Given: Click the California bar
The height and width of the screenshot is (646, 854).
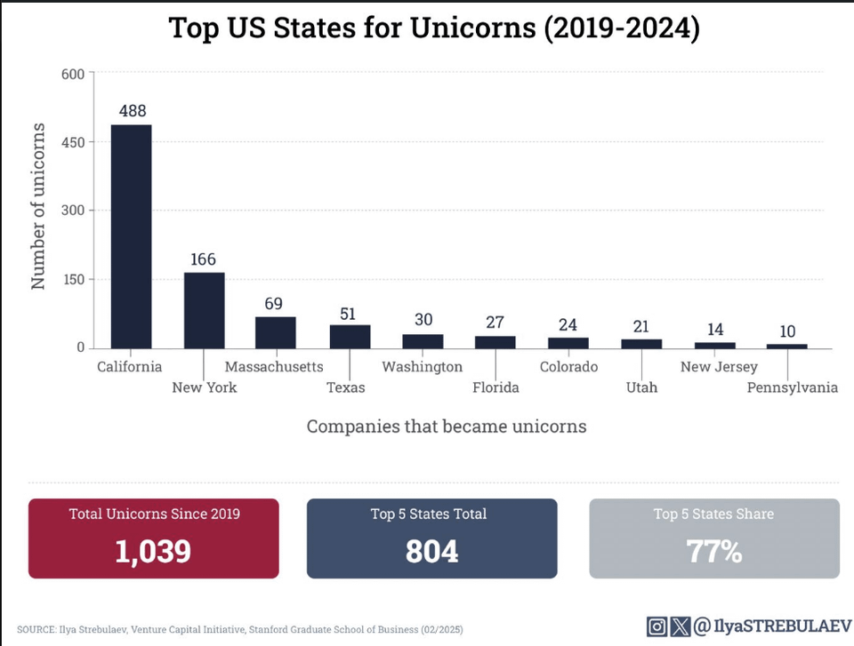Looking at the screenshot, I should coord(131,236).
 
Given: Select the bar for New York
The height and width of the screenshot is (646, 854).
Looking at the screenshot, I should coord(204,310).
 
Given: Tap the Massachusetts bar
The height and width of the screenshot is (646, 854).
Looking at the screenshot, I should coord(275,332).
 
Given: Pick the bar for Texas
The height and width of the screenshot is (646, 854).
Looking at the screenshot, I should coord(350,337).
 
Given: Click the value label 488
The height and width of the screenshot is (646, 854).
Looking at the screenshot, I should coord(132,111).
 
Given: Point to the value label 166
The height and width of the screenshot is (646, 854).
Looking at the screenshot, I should coord(204,259).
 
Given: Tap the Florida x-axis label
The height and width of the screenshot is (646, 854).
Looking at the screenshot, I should coord(495,387).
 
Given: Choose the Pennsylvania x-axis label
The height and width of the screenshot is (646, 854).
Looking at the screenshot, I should coord(792,387).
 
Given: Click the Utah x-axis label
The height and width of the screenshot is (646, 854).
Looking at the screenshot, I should coord(640,387).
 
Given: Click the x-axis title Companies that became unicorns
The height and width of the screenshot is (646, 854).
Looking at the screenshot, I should coord(447,427).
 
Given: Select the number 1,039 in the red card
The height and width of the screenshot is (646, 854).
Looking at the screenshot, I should coord(153,551).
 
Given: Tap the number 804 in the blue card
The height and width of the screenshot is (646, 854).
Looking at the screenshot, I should coord(431,551).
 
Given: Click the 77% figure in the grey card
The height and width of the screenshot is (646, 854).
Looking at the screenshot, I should coord(713,551).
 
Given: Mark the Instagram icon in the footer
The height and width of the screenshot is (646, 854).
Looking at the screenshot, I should coord(657,627).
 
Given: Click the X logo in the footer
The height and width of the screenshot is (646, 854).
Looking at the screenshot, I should coord(680,627).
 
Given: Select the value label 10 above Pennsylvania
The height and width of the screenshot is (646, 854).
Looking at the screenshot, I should coord(786,331).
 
